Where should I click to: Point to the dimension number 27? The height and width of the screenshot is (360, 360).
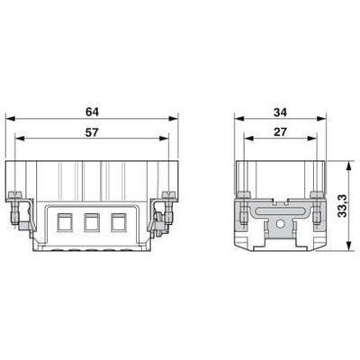click(x=280, y=131)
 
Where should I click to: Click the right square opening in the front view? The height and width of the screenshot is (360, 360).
click(x=118, y=220)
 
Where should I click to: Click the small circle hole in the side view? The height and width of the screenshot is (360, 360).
click(x=280, y=221)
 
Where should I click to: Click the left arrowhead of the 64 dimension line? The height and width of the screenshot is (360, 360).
click(x=10, y=119)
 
